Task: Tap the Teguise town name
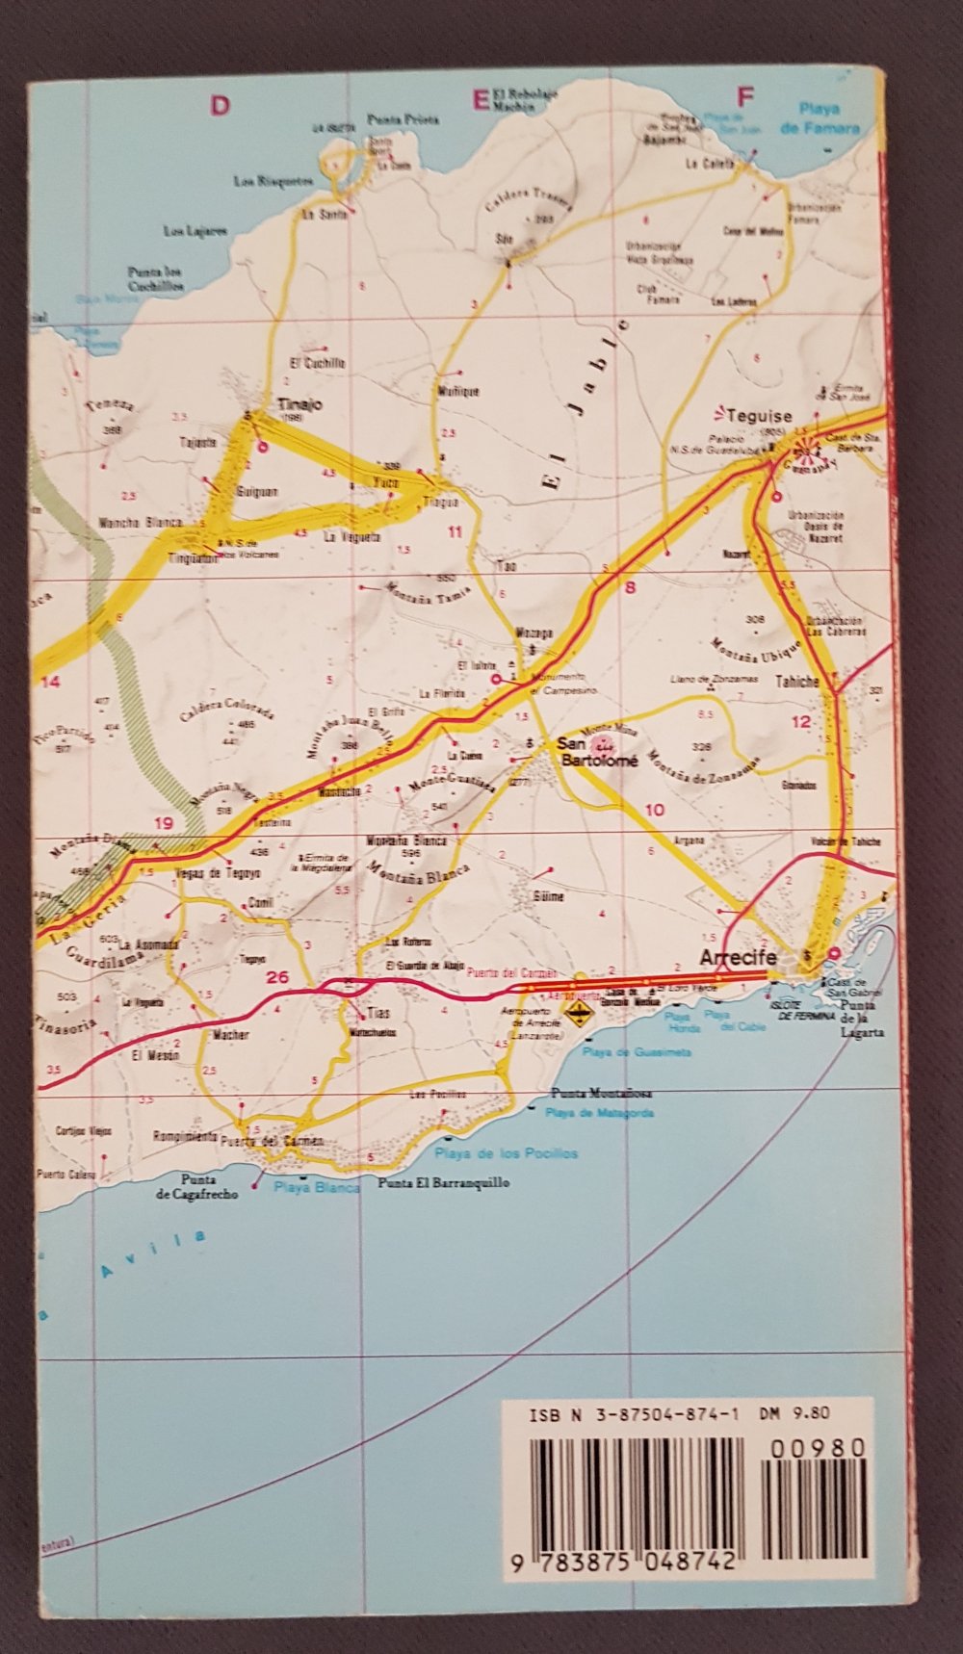tap(761, 417)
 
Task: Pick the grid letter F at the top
tap(743, 96)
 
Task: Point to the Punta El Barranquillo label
tap(443, 1184)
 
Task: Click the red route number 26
tap(277, 977)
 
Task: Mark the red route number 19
tap(164, 822)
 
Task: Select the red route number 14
tap(49, 682)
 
